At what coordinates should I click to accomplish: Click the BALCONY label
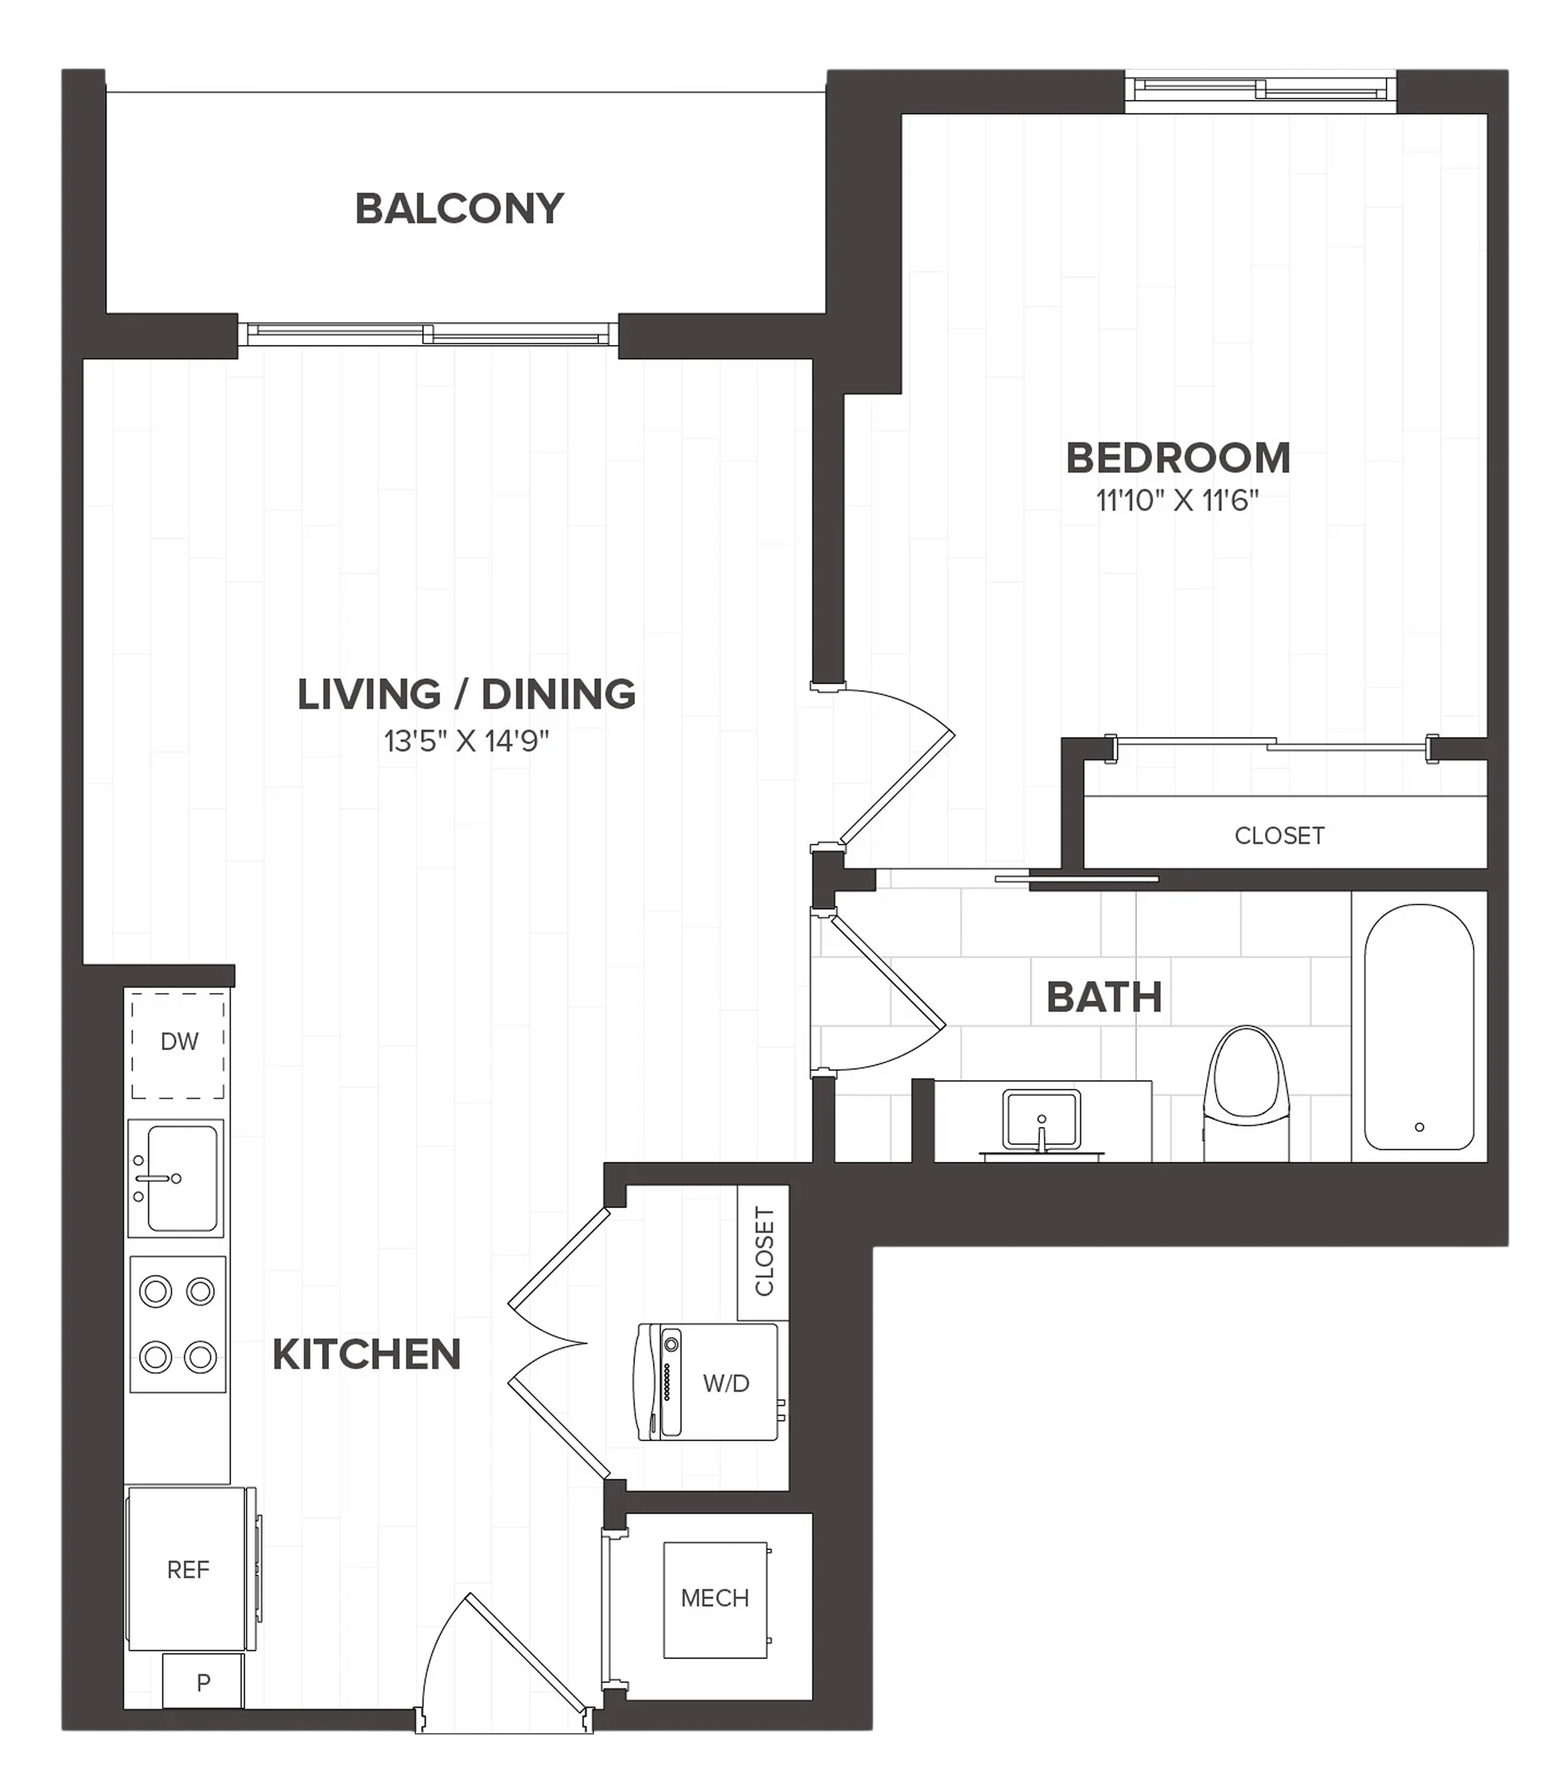pos(459,209)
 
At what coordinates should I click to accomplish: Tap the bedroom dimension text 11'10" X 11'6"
pos(1177,501)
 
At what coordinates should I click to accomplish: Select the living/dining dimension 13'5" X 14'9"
pos(466,741)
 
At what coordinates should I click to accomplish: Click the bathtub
pos(1419,1026)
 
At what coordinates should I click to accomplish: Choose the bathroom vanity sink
pos(1041,1121)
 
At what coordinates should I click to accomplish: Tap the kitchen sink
pos(176,1178)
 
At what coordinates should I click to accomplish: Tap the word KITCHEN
pos(366,1355)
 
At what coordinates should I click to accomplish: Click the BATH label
pos(1104,998)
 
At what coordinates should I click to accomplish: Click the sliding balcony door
pos(428,334)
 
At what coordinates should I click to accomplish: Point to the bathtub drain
pos(1419,1127)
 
